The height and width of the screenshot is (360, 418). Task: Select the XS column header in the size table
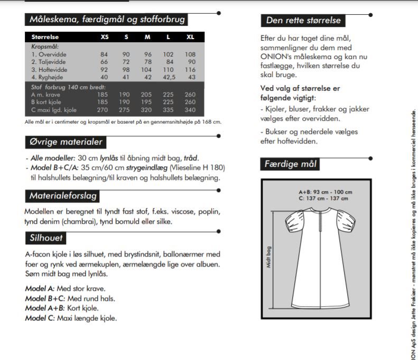point(105,37)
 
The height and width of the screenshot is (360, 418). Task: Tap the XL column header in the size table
point(190,37)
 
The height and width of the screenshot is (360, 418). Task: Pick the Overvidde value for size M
point(147,54)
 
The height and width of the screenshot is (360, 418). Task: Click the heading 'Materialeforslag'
point(63,196)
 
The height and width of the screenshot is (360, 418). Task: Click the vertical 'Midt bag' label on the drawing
point(268,256)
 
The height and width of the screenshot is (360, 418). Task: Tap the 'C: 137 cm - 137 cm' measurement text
point(323,198)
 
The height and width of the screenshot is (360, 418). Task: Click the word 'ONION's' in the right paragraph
point(275,56)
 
